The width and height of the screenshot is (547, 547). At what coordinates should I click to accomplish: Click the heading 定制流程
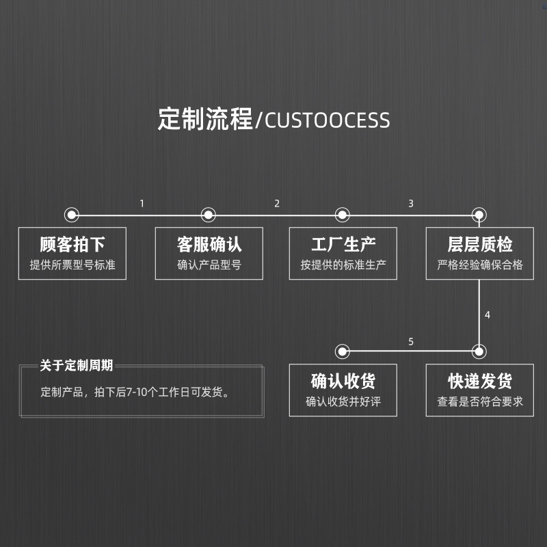(204, 119)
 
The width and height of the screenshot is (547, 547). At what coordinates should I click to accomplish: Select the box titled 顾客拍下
(72, 254)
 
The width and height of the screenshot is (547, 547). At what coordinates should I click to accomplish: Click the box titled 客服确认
(209, 254)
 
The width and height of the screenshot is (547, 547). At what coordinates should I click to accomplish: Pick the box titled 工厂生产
(343, 254)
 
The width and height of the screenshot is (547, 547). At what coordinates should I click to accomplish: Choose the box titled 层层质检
(480, 254)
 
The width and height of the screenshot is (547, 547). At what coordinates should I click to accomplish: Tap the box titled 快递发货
(480, 390)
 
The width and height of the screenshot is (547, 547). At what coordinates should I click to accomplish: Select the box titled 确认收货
(343, 390)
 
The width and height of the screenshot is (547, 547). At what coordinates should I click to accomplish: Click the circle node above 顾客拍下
(72, 215)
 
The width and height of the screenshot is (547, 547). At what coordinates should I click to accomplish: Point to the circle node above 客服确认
(209, 215)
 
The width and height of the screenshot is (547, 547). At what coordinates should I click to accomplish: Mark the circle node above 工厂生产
(343, 215)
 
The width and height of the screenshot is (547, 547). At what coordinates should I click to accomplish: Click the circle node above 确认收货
(343, 351)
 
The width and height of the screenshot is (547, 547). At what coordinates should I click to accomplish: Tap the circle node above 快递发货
(479, 351)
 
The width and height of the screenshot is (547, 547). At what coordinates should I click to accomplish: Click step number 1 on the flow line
(142, 203)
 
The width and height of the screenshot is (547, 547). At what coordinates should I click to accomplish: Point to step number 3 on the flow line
(411, 203)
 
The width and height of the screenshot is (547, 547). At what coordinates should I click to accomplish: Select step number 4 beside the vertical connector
(488, 315)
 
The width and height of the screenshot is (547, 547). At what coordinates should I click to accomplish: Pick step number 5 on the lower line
(411, 341)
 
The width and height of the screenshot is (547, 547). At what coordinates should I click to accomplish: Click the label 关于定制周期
(77, 366)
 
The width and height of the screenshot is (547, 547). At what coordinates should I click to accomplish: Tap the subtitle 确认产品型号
(209, 265)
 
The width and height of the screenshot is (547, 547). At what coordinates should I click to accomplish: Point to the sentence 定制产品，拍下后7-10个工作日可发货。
(135, 392)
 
